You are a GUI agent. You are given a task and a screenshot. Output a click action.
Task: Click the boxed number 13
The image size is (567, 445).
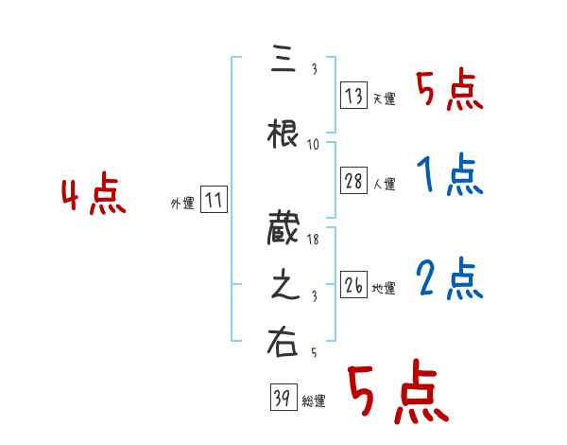point(354,97)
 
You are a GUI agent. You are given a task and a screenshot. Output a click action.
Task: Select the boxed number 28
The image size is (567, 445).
point(354,182)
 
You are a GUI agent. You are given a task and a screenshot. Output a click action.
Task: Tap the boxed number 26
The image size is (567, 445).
point(354,285)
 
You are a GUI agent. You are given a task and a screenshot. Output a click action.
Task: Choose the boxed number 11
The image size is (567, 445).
point(214,201)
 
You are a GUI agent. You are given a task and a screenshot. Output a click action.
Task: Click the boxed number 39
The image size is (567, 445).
point(281,398)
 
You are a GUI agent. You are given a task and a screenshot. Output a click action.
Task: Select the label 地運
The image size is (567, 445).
point(384,288)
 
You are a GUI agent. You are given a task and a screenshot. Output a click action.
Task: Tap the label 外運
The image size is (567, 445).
point(182,204)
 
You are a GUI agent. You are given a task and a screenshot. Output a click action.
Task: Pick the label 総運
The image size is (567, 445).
point(314,401)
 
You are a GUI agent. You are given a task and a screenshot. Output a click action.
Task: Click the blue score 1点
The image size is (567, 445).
point(448,175)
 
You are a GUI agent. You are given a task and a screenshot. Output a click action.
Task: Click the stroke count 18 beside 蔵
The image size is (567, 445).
point(315,241)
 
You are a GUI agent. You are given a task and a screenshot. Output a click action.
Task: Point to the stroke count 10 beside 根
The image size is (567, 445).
point(315,144)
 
